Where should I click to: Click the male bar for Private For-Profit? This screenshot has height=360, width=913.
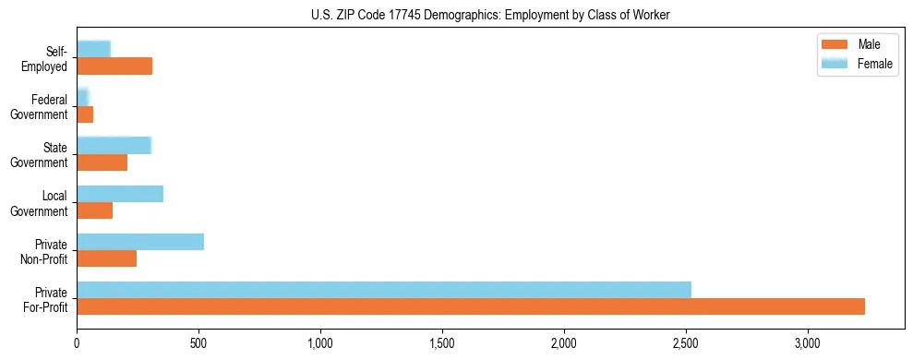coord(471,306)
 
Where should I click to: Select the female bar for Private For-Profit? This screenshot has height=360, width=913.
coord(384,290)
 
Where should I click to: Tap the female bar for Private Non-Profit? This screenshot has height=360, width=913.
coord(140,242)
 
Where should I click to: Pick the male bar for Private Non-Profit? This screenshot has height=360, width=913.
coord(107,258)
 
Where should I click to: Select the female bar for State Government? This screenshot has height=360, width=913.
coord(114,145)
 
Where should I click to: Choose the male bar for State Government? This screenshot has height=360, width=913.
coord(102,162)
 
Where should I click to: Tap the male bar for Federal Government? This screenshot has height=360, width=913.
coord(85,114)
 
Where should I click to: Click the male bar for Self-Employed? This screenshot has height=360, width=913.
coord(114,66)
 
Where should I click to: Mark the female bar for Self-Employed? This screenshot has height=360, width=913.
coord(94,49)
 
